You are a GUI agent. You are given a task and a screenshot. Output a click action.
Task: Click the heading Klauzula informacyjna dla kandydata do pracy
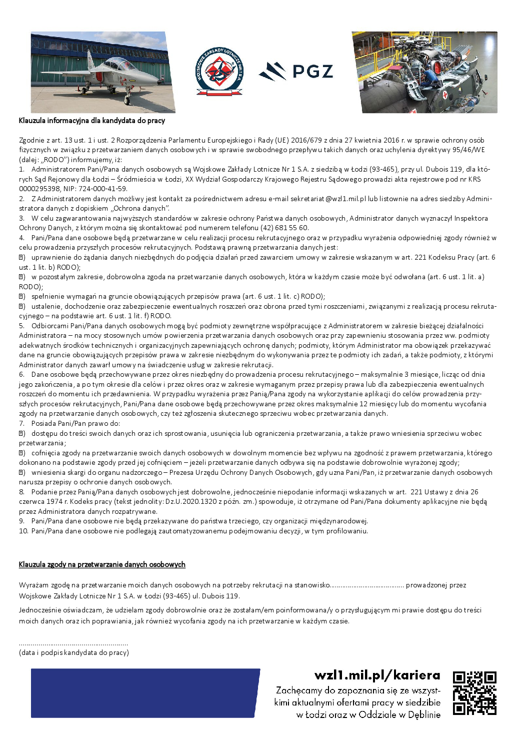pos(92,121)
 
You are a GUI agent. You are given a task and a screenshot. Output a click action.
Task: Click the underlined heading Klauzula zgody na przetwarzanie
pos(102,564)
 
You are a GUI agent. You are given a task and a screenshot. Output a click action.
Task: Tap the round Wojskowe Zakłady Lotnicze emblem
pos(219,72)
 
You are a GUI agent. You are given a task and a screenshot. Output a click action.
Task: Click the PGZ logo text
pos(312,72)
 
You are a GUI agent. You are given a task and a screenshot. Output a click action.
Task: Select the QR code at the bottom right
pos(474,693)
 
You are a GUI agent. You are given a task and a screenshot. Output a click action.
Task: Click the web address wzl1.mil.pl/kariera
pos(377,675)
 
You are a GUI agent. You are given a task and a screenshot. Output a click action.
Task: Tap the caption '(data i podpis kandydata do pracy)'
pos(74,652)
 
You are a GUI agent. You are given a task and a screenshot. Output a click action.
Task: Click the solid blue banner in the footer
pos(145,693)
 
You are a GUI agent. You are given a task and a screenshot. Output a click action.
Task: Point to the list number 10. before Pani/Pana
pos(23,531)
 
